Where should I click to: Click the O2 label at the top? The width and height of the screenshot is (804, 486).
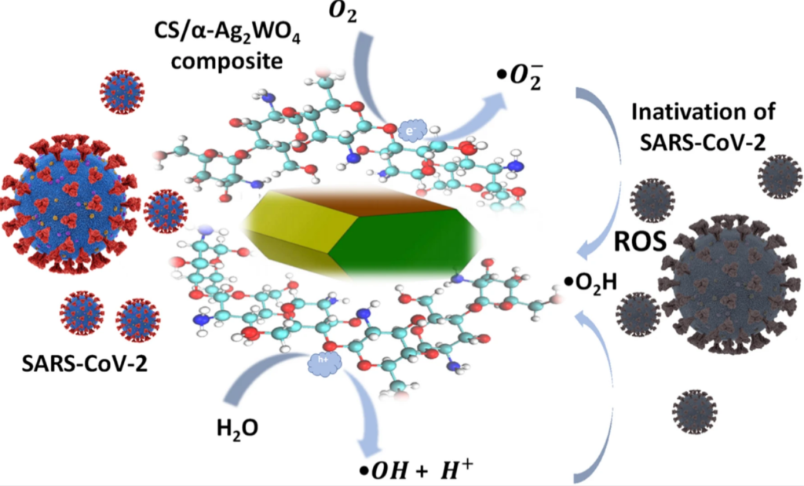(342, 11)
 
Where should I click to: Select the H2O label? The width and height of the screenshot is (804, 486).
(237, 427)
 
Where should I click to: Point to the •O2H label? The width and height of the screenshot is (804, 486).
(590, 283)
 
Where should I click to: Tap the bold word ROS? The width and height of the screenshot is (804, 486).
(641, 241)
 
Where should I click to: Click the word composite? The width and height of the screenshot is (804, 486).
(227, 61)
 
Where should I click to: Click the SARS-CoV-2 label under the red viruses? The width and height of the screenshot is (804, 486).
(85, 364)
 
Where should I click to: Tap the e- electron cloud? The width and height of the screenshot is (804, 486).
(412, 131)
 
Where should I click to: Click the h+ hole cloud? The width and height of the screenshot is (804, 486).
(324, 363)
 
